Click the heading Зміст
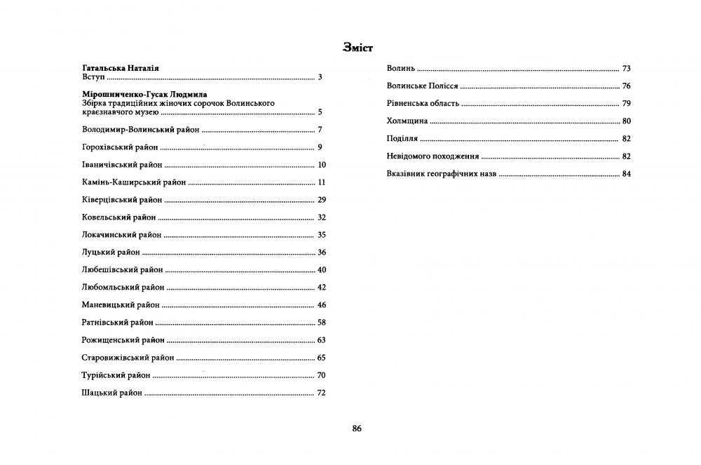point(358,48)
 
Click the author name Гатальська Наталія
point(121,68)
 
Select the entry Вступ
point(93,77)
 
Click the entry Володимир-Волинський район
point(141,130)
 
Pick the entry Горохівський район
point(120,147)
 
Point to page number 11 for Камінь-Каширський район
point(322,182)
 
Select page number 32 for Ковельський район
point(322,217)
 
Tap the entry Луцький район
point(111,252)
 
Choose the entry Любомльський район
point(123,288)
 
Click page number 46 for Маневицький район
point(322,305)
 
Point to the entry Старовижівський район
point(128,358)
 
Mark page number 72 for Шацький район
point(322,393)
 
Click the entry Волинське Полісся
point(422,86)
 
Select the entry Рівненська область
point(423,104)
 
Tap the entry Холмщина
point(407,121)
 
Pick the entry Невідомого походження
point(433,156)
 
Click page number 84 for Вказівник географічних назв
point(626,174)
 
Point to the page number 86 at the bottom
point(357,428)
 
